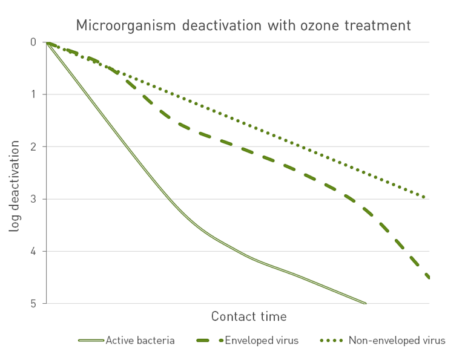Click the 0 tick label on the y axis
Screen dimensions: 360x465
coord(33,42)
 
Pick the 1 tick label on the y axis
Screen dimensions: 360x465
coord(33,94)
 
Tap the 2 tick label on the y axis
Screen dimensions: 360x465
coord(33,146)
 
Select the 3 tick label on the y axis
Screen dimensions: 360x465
coord(33,199)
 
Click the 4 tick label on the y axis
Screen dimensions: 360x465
coord(33,251)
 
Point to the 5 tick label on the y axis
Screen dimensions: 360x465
coord(33,303)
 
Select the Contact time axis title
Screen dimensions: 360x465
coord(249,316)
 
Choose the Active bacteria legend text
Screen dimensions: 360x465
coord(140,341)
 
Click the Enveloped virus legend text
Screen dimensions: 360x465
coord(262,341)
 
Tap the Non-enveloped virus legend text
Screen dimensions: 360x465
coord(397,341)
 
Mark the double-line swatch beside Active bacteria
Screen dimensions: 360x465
coord(91,341)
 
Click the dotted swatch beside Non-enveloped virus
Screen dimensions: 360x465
coord(332,341)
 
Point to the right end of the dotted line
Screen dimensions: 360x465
coord(424,197)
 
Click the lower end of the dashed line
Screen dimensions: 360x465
coord(428,277)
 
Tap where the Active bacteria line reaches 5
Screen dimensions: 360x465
coord(365,303)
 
